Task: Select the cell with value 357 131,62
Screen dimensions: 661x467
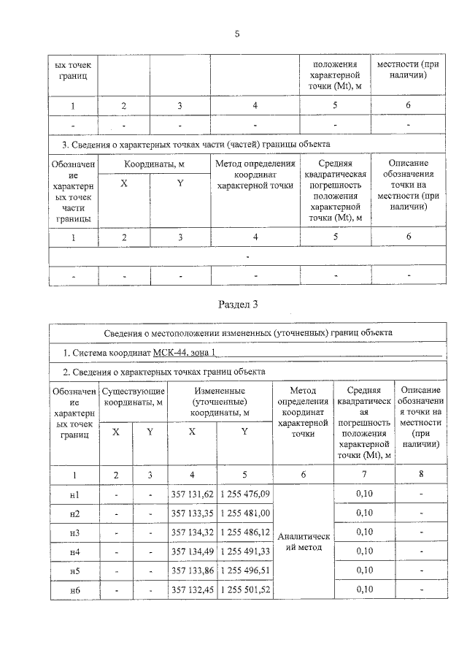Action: (192, 494)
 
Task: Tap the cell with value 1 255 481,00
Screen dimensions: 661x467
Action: (244, 513)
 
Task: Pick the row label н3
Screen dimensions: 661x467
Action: (74, 532)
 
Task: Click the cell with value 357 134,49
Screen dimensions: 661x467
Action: (192, 551)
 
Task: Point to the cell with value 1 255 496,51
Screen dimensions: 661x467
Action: (244, 570)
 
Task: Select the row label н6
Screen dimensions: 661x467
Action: (74, 589)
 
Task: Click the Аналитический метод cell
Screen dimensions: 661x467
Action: (303, 543)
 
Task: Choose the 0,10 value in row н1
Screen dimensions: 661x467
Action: (364, 494)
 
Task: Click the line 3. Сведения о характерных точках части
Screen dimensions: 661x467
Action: (190, 144)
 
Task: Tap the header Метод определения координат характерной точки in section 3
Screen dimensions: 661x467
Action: (255, 175)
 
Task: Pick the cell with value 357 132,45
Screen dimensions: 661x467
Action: (192, 589)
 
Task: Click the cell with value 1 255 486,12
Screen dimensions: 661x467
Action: (244, 532)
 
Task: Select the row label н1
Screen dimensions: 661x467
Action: (74, 494)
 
